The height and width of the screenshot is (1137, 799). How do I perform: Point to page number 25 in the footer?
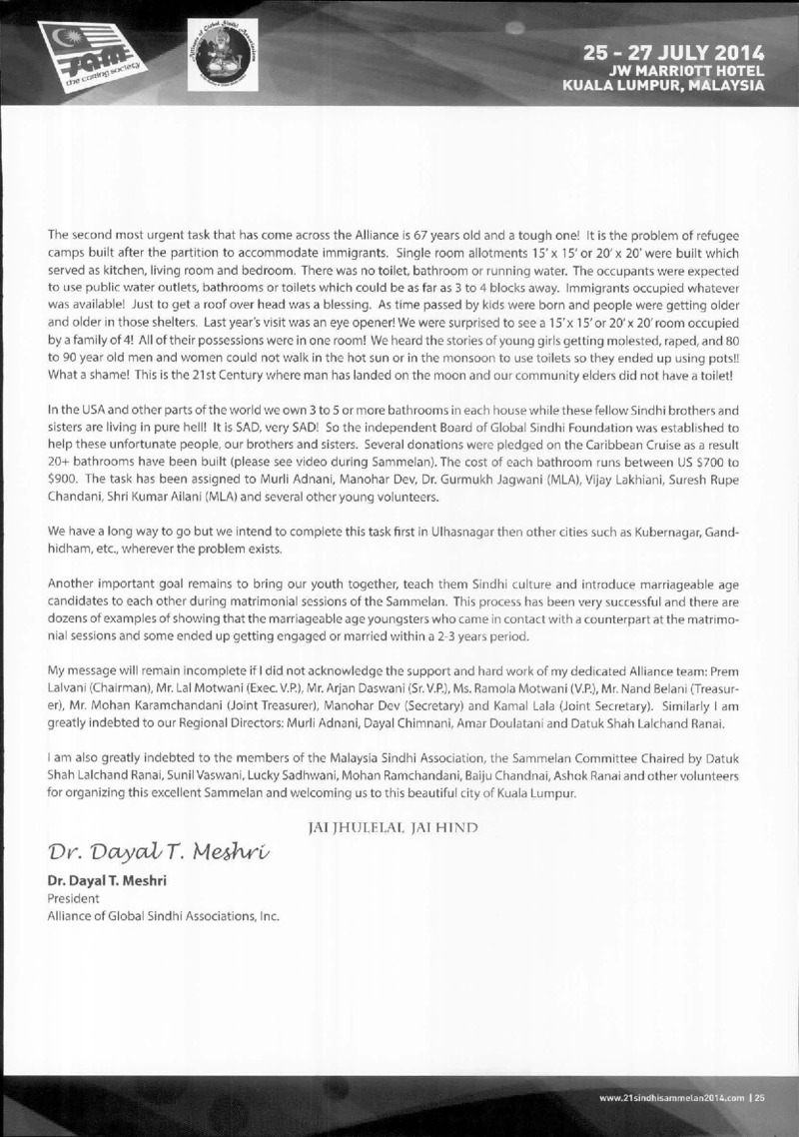tap(760, 1099)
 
